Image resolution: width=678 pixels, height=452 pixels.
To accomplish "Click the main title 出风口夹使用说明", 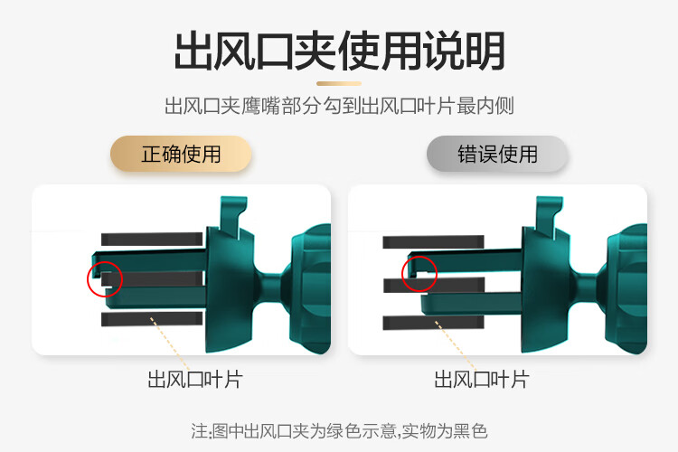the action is (339, 51).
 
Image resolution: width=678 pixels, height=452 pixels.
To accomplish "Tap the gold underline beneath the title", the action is (339, 83).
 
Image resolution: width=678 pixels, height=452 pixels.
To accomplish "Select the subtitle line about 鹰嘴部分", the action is (339, 106).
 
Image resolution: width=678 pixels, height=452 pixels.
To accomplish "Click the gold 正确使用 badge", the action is (181, 154).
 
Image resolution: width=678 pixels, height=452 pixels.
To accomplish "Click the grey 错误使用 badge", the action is (497, 154).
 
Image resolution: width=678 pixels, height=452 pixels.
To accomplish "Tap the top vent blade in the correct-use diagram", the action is (152, 240).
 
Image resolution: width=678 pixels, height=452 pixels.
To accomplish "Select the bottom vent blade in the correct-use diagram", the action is (152, 319).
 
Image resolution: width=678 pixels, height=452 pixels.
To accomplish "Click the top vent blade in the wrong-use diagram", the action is (433, 241).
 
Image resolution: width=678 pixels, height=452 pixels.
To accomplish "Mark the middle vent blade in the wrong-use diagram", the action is (434, 285).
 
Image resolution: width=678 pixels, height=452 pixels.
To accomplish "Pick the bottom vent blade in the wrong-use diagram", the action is (433, 323).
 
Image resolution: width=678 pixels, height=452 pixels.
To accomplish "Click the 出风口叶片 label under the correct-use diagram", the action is (195, 380).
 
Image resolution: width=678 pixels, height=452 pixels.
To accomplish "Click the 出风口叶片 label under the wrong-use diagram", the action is (482, 380).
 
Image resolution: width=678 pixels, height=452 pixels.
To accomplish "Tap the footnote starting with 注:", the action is (339, 431).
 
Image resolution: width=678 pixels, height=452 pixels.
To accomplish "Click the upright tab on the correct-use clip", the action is (232, 216).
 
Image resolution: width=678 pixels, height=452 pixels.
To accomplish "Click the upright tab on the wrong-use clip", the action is (549, 216).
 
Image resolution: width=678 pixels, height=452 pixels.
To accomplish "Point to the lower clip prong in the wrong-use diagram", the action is (472, 303).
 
